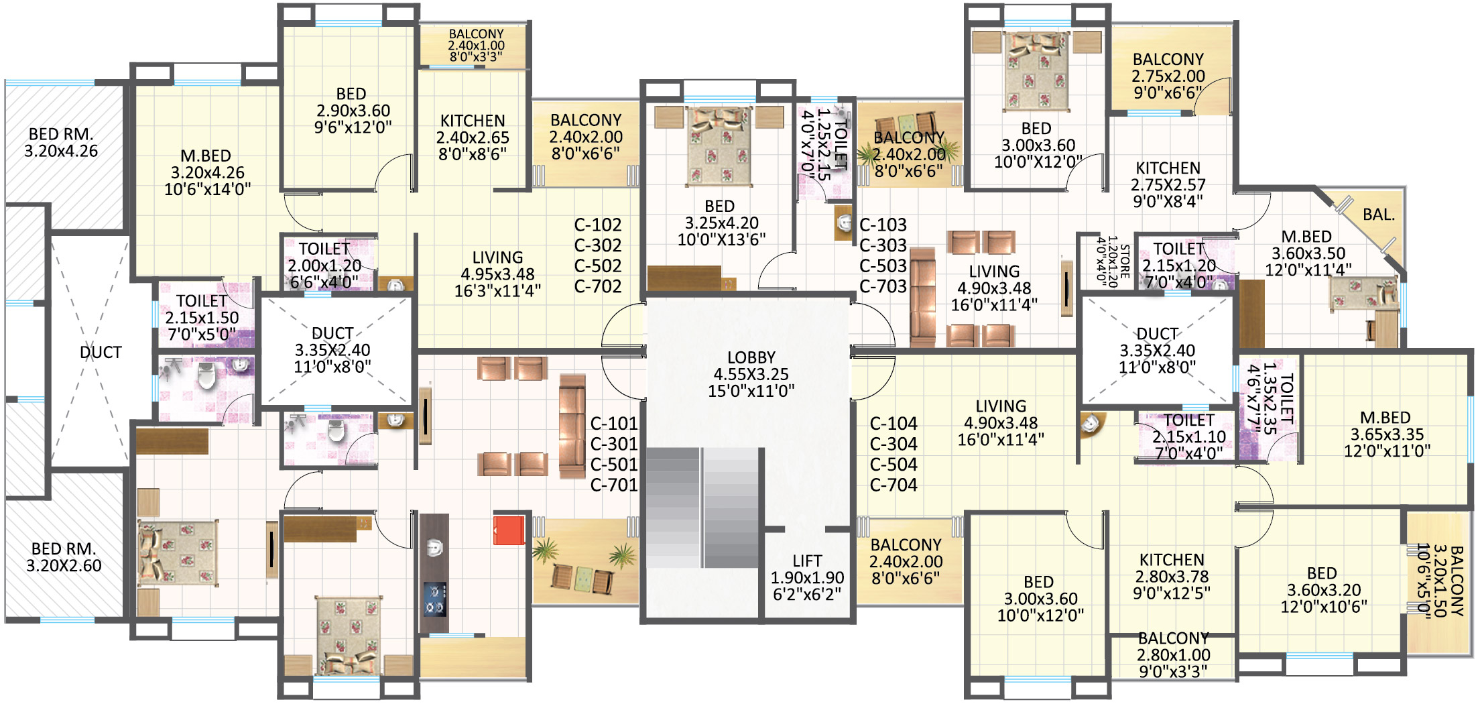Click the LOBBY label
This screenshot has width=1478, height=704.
(x=751, y=374)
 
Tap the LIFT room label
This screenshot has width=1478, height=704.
(x=807, y=577)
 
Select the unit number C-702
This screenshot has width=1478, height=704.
(x=598, y=286)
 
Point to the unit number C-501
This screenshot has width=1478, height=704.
(x=614, y=464)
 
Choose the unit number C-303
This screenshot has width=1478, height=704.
(x=883, y=245)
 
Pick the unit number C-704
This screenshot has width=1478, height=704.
(x=894, y=485)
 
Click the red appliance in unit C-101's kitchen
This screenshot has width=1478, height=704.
(x=509, y=530)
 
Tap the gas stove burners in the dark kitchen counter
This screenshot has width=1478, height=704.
(x=434, y=599)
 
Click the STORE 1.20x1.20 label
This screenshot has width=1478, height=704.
(x=1113, y=261)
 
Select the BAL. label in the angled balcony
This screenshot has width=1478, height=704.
(x=1379, y=215)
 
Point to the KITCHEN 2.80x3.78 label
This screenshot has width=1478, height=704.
(x=1172, y=576)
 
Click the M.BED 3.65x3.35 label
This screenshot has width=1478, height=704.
(x=1386, y=434)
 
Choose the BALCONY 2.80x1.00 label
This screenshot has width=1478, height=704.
(x=1173, y=654)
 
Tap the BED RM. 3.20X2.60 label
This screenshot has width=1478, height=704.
(x=64, y=558)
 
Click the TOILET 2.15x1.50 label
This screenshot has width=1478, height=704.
(x=202, y=317)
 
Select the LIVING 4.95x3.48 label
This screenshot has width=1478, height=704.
(x=497, y=274)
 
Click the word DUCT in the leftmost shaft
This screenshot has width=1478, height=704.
(x=101, y=352)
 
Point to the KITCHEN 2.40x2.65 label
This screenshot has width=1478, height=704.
(x=473, y=137)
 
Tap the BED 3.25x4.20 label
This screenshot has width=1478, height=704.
(x=721, y=223)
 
